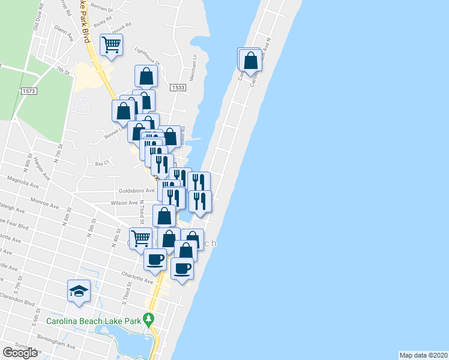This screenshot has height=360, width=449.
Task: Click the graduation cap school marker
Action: pos(79,291)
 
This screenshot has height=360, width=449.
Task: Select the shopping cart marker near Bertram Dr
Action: pos(112,44)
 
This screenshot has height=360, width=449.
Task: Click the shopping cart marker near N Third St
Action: pos(140,238)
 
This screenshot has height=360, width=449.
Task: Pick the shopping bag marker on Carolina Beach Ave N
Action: pos(250,60)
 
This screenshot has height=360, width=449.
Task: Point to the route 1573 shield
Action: pos(28,91)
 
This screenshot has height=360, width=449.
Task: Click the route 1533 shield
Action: pos(177,88)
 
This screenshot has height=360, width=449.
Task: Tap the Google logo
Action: pos(20,352)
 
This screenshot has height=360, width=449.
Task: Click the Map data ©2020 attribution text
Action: pos(423,355)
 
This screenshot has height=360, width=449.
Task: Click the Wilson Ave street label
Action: pos(124,203)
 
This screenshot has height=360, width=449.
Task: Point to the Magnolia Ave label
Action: pos(22,178)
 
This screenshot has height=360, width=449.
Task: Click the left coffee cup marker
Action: pos(155,260)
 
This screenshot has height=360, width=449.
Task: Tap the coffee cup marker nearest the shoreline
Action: pos(182,268)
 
